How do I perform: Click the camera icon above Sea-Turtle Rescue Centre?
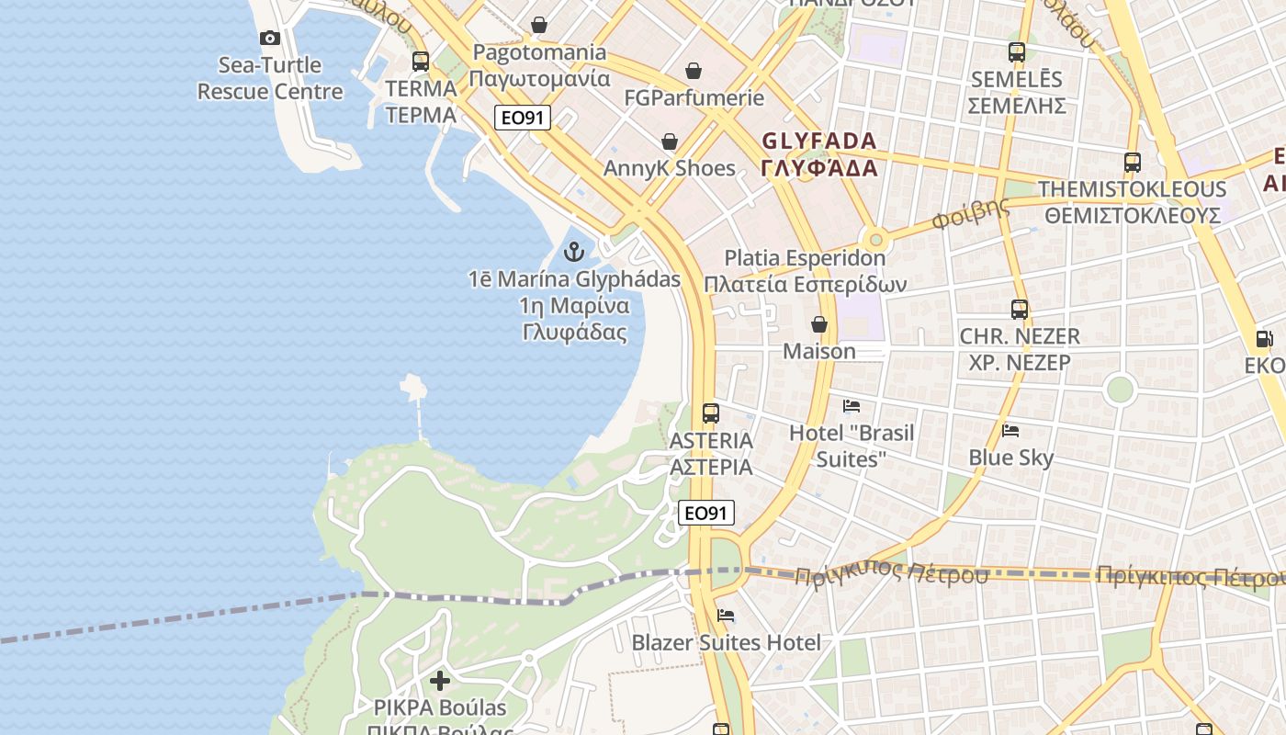[270, 38]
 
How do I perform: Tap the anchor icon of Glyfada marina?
[574, 252]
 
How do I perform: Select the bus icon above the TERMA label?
[421, 62]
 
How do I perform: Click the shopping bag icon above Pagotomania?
[539, 25]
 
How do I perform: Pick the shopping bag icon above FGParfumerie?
[694, 71]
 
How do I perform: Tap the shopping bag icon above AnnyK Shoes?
[670, 141]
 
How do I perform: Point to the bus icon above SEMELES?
[1017, 52]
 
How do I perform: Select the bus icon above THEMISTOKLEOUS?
[1133, 163]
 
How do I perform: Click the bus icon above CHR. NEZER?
[1020, 310]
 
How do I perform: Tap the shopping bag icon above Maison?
[818, 324]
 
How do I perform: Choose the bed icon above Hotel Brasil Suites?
[852, 405]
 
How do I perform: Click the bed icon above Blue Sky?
[1010, 430]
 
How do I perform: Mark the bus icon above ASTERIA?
[711, 413]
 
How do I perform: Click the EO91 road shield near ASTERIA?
[706, 513]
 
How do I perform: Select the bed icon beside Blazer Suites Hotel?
[726, 616]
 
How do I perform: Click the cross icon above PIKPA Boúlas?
[440, 681]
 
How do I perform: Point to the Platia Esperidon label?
[805, 271]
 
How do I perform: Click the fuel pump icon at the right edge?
[1265, 338]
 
